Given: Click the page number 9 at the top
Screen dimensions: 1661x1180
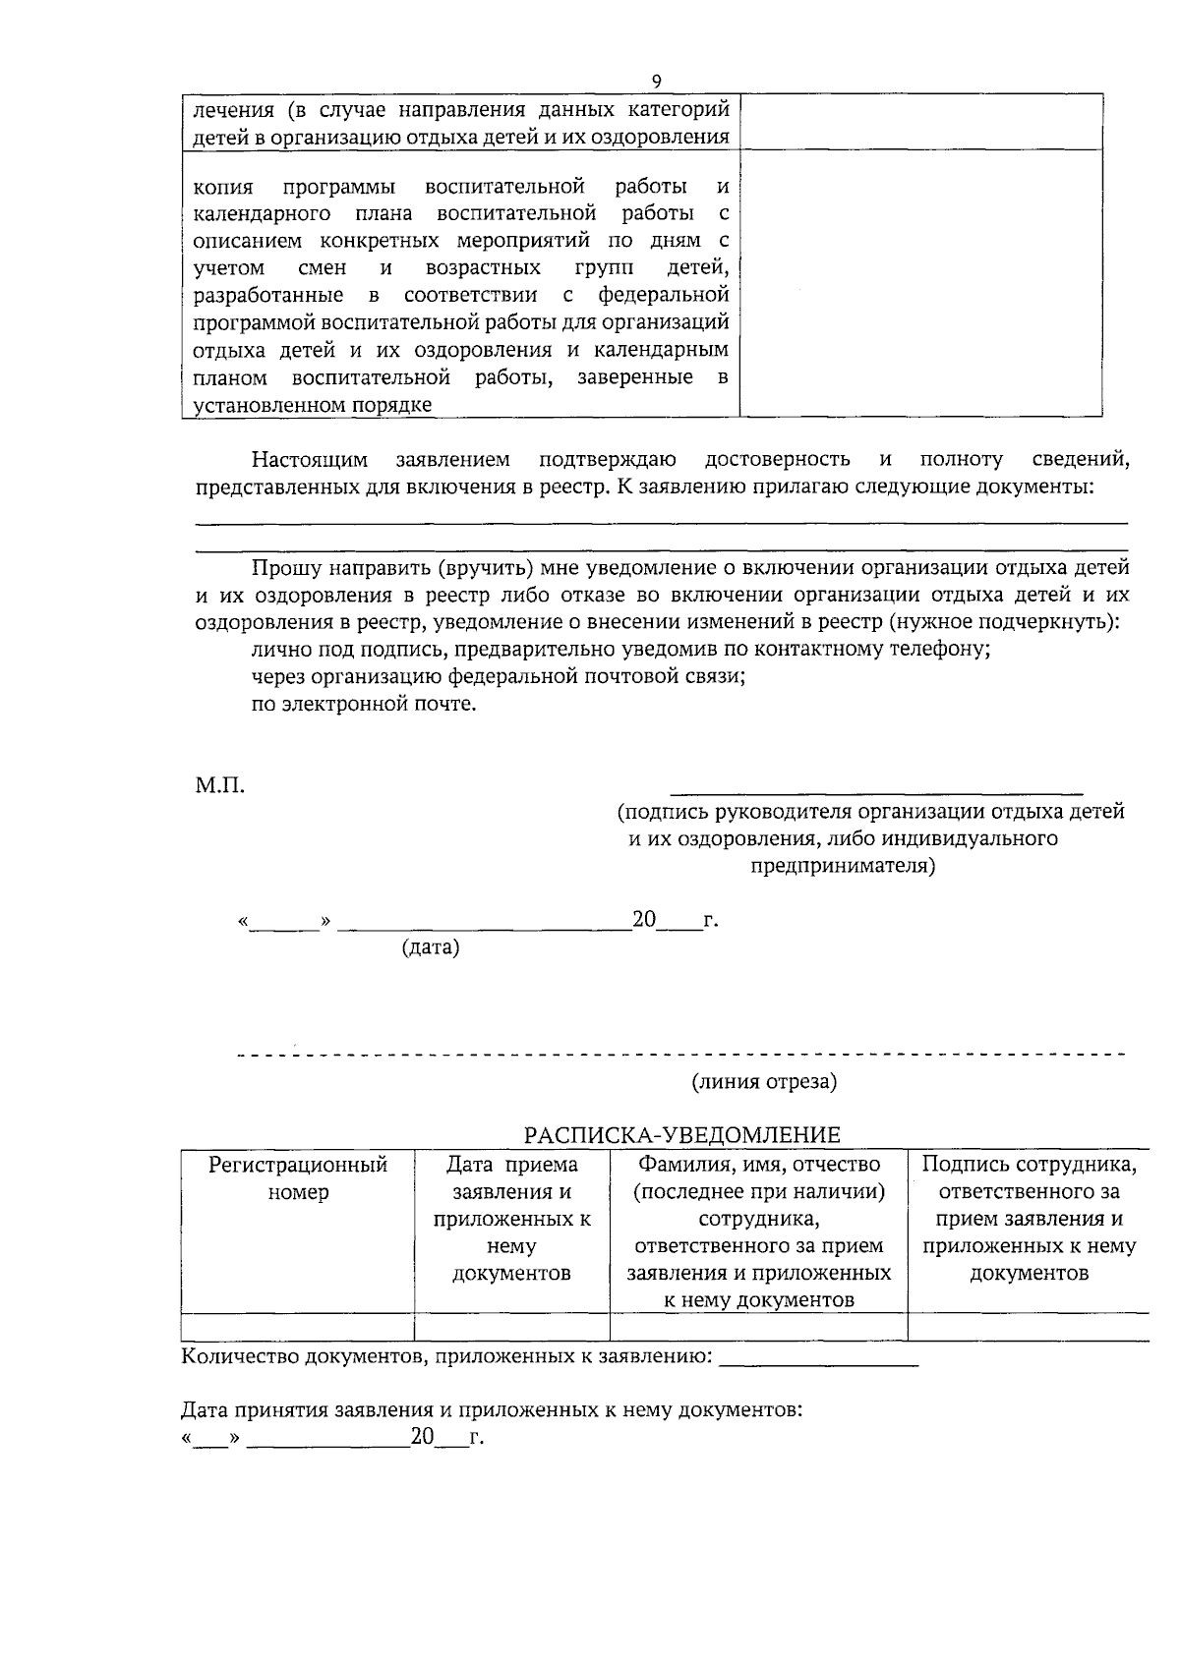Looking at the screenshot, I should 656,82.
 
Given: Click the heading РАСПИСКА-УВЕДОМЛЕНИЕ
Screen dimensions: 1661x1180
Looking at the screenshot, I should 681,1135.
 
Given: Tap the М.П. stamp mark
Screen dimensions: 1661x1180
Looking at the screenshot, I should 219,785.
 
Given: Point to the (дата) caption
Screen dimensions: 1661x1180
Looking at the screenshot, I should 431,947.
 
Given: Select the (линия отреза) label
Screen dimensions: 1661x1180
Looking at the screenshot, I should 764,1081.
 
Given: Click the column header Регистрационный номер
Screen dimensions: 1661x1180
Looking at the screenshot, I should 298,1178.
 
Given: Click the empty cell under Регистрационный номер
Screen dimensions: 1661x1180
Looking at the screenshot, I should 298,1327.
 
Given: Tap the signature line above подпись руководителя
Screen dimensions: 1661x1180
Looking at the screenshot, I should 875,791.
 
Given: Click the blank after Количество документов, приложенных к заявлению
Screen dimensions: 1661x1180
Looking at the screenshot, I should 819,1362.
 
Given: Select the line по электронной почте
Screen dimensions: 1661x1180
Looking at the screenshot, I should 364,704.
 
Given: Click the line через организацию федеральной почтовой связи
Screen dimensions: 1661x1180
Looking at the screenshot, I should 498,676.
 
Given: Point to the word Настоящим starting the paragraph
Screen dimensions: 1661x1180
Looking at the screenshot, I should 309,459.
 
